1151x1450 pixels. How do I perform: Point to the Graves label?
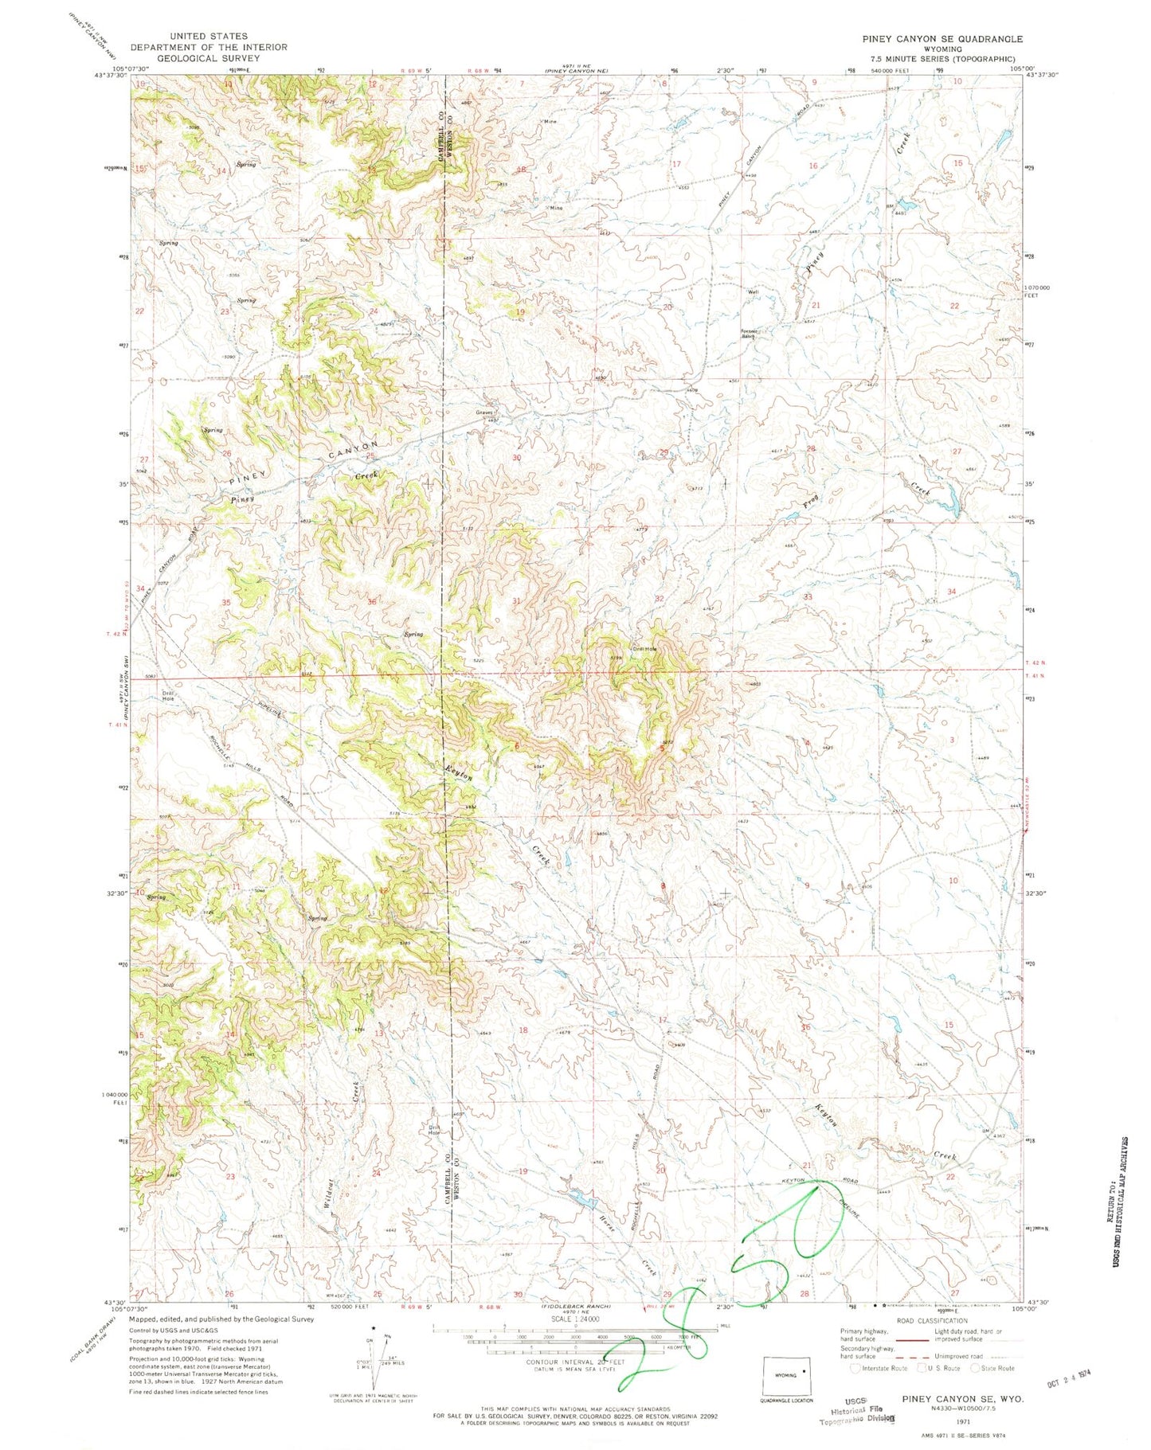[485, 412]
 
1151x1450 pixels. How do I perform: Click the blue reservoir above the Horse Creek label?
[582, 1195]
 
